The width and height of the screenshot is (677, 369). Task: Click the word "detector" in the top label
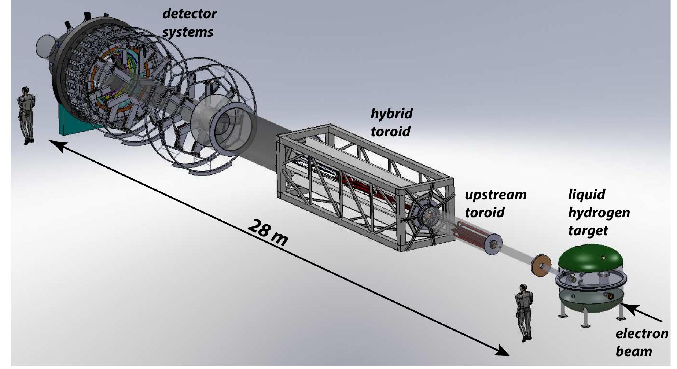pos(189,14)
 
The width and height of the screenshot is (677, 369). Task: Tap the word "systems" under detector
pos(188,32)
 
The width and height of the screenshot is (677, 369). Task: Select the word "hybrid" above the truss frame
pos(391,114)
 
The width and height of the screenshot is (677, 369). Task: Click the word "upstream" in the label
pos(496,195)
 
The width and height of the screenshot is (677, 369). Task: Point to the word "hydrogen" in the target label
pos(599,213)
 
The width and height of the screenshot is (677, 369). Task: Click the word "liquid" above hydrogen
pos(586,194)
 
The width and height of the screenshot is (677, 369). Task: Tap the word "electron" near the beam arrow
pos(642,334)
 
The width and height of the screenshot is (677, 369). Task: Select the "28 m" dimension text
pos(268,233)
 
